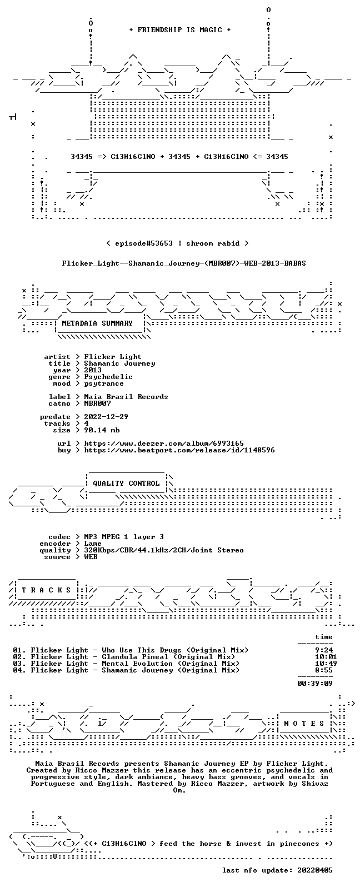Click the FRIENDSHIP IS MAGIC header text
180,30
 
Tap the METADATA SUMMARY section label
97,323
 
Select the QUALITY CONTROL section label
126,484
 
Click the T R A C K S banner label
46,590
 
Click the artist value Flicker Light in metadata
112,357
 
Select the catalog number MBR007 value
97,403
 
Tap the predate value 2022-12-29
106,417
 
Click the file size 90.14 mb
102,430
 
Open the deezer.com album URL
164,443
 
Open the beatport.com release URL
179,450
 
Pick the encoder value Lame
93,544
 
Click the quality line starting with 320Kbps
164,550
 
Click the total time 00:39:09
315,684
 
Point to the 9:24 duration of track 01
324,650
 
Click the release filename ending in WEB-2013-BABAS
184,263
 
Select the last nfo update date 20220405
315,870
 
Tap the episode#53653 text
144,243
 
